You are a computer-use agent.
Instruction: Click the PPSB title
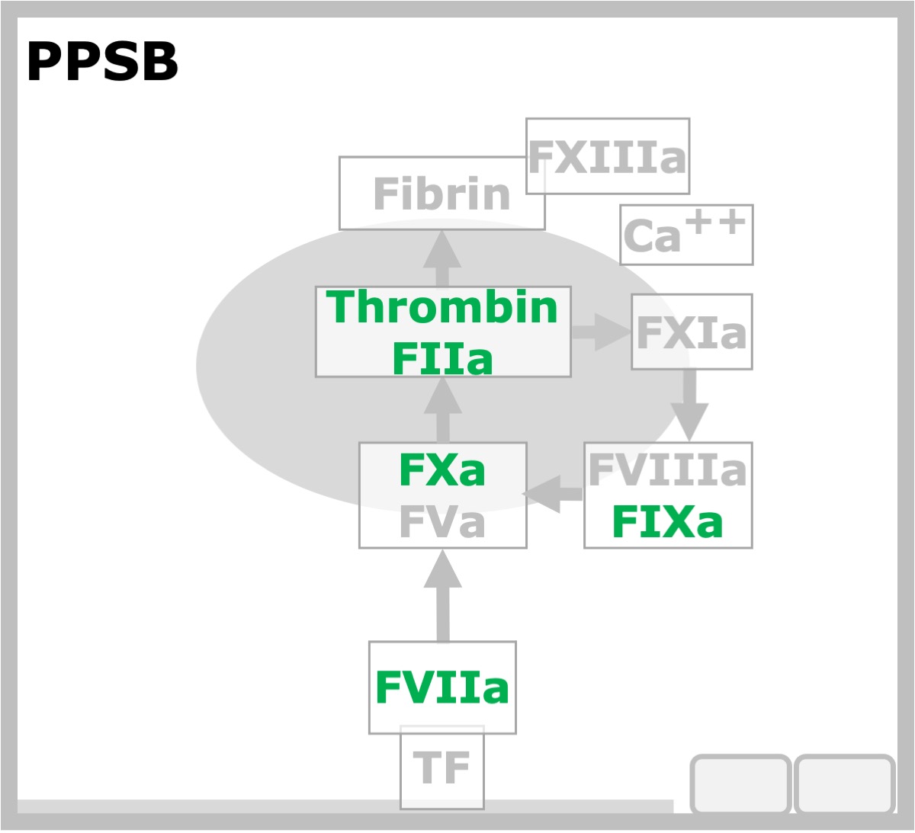[102, 61]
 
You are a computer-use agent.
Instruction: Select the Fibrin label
[441, 194]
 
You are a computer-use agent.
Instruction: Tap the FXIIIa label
[607, 157]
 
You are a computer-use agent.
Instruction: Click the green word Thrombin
[442, 307]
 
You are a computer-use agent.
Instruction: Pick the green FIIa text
[442, 358]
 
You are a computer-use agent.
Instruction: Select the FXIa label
[692, 332]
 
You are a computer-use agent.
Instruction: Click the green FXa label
[442, 469]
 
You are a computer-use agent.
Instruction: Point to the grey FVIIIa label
[668, 469]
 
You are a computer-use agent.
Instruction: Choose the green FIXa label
[668, 521]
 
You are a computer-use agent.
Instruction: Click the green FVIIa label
[442, 687]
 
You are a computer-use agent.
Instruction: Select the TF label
[441, 767]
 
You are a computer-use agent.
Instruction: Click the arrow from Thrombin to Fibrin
[442, 258]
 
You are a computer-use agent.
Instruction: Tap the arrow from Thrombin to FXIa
[602, 332]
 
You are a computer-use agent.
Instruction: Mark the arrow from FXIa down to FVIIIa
[689, 405]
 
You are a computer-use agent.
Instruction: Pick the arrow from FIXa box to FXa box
[552, 494]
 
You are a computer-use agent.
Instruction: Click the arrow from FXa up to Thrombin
[442, 410]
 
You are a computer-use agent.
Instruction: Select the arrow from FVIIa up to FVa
[442, 595]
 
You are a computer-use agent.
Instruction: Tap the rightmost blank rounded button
[844, 784]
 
